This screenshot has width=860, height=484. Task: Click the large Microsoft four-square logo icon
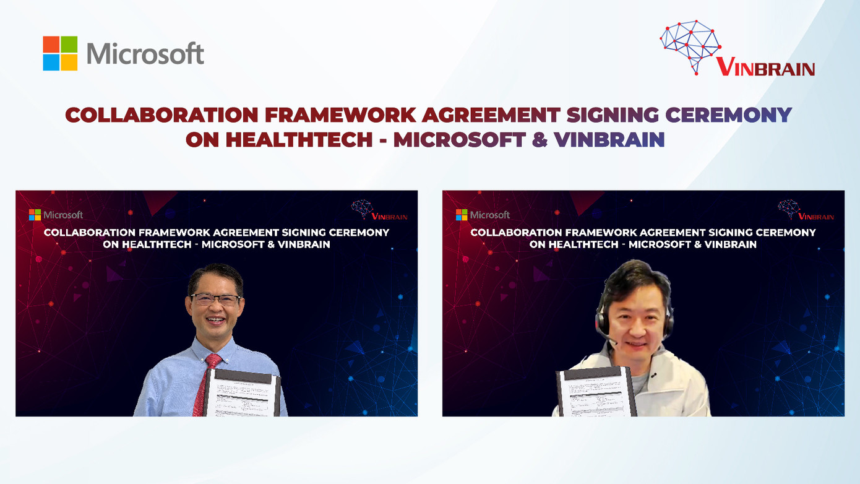[60, 53]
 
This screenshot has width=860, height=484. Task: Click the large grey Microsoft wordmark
[145, 54]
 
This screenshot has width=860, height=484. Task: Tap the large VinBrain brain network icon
[690, 46]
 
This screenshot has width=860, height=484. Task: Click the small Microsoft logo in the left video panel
[56, 215]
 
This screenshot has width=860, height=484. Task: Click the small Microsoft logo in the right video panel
[483, 215]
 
